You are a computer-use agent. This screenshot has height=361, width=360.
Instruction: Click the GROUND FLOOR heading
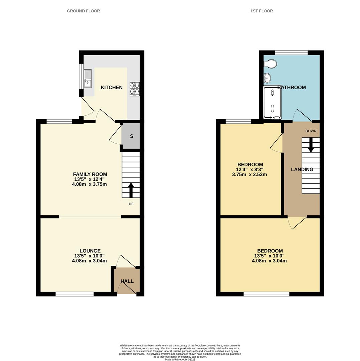tap(83, 11)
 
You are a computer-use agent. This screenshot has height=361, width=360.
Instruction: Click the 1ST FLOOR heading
tap(261, 11)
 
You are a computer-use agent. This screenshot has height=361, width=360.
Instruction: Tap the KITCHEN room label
tap(112, 88)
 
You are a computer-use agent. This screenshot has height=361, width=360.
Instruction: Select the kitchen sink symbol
tap(87, 79)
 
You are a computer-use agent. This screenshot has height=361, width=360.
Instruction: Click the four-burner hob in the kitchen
tap(135, 89)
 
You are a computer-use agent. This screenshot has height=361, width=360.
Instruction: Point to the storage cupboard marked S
tap(131, 136)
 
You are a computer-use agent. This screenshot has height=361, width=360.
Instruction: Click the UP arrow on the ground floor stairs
tap(131, 190)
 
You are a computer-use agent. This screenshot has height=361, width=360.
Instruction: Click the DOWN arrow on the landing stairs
tap(311, 144)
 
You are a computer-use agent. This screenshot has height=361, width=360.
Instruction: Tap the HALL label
tap(127, 281)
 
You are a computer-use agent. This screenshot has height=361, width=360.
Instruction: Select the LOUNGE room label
tap(90, 251)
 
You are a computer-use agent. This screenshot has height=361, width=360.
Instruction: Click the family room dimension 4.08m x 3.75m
tap(89, 184)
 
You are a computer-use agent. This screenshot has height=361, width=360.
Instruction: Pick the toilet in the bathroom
tap(270, 64)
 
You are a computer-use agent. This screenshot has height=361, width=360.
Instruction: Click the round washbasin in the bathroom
tap(267, 78)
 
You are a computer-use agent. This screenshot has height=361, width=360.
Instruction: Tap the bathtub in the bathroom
tap(272, 102)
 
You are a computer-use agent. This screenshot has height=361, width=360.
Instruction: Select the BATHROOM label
tap(292, 88)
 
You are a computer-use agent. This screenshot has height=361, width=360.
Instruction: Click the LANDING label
tap(302, 170)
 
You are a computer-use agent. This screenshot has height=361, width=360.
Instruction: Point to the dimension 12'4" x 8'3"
tap(250, 169)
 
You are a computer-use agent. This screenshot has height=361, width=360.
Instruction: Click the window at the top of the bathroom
tap(291, 52)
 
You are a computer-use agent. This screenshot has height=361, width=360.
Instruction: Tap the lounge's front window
tap(74, 294)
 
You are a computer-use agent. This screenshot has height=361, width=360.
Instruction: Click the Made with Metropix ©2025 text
tap(180, 360)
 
